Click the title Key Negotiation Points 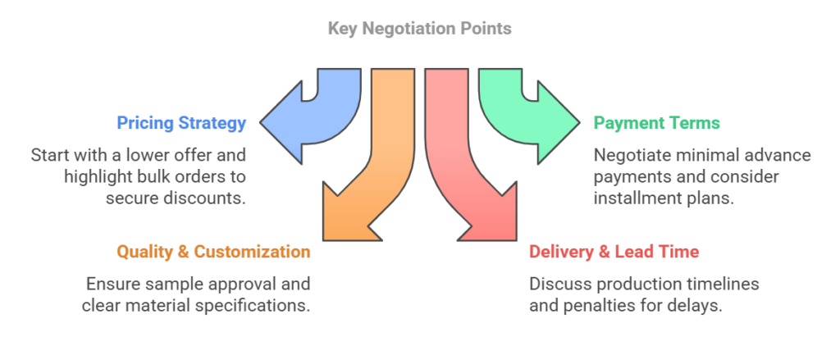[419, 29]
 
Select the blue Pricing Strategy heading [181, 123]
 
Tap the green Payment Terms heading [656, 123]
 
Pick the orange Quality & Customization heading [213, 252]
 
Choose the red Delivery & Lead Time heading [614, 252]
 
